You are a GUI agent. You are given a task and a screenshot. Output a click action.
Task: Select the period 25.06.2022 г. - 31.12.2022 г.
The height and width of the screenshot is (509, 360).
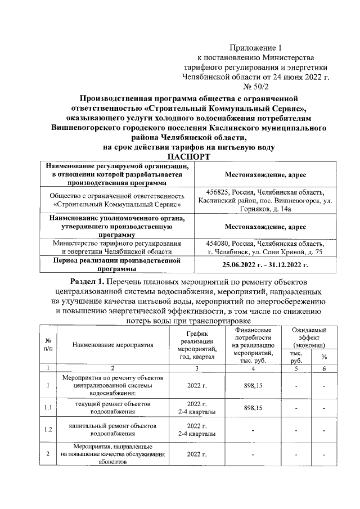pyautogui.click(x=265, y=264)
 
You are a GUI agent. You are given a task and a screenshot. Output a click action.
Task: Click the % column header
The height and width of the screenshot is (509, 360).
pyautogui.click(x=324, y=357)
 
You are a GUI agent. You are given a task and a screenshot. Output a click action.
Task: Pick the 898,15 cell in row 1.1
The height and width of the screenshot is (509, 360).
pyautogui.click(x=253, y=408)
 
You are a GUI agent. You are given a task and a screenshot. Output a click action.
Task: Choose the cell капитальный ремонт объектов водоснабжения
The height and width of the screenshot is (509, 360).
pyautogui.click(x=109, y=430)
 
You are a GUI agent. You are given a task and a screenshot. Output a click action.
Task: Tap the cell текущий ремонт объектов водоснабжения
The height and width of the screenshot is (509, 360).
pyautogui.click(x=109, y=408)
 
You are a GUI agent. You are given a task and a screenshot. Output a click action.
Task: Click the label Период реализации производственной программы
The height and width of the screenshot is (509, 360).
pyautogui.click(x=116, y=264)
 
